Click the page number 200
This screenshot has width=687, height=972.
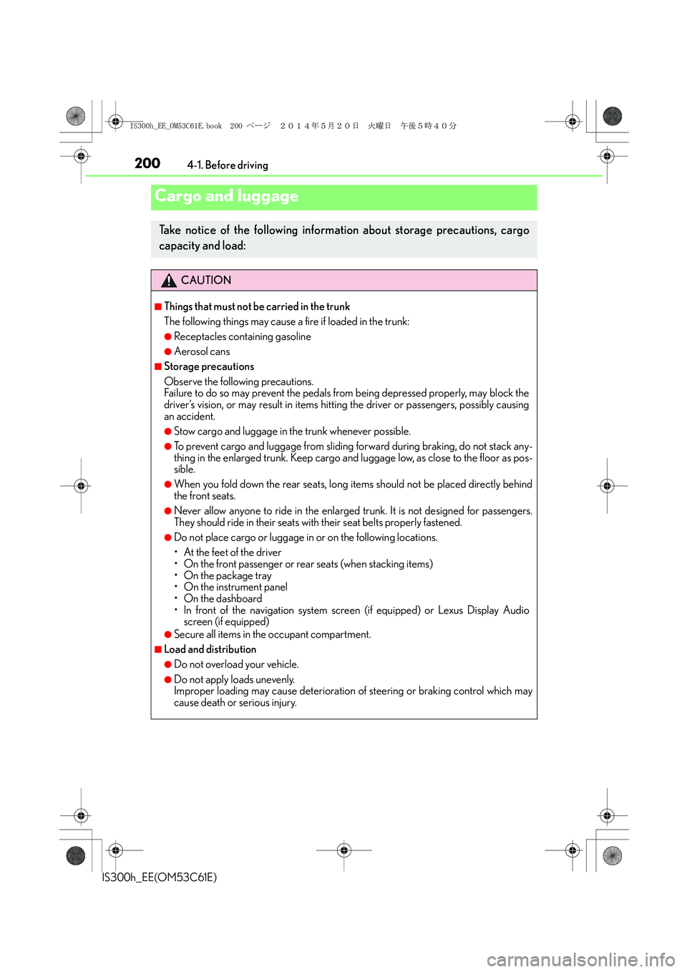[x=147, y=163]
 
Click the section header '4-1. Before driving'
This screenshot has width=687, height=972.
[x=228, y=165]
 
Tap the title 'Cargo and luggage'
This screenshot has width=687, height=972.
[x=226, y=196]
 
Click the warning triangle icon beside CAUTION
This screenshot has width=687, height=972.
[x=169, y=281]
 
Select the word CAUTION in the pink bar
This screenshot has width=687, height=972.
[x=206, y=281]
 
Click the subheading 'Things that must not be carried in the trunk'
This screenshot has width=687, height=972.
[x=257, y=306]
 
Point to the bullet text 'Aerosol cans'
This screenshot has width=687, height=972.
[x=202, y=351]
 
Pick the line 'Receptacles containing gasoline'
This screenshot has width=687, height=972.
[x=242, y=336]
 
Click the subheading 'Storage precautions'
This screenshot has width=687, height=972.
[x=209, y=366]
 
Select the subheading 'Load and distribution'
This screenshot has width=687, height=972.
[x=210, y=649]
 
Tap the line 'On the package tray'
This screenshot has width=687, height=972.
[x=228, y=575]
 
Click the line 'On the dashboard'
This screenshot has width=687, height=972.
[x=223, y=598]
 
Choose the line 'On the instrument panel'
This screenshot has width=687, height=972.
[x=235, y=587]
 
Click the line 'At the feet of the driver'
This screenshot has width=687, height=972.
[x=233, y=553]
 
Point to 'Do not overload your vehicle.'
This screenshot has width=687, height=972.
[x=236, y=664]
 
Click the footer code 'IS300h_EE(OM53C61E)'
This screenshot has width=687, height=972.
[x=160, y=878]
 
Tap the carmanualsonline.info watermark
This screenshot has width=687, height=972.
[x=580, y=959]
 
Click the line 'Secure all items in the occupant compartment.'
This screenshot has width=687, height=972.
[x=272, y=634]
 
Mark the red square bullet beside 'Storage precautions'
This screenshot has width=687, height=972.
[x=158, y=366]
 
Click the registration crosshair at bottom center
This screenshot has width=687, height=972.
[x=344, y=850]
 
